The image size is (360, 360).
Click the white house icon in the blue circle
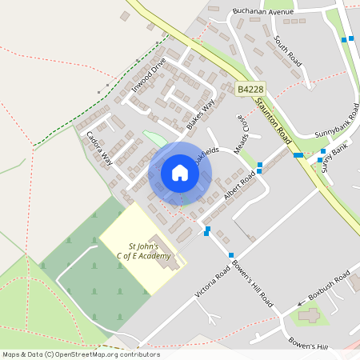click(180, 173)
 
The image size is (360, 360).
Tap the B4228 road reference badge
click(250, 91)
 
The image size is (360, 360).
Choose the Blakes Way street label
click(201, 115)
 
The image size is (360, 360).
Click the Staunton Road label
click(274, 120)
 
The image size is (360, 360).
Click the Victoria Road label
click(212, 284)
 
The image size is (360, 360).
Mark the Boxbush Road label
click(329, 289)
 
